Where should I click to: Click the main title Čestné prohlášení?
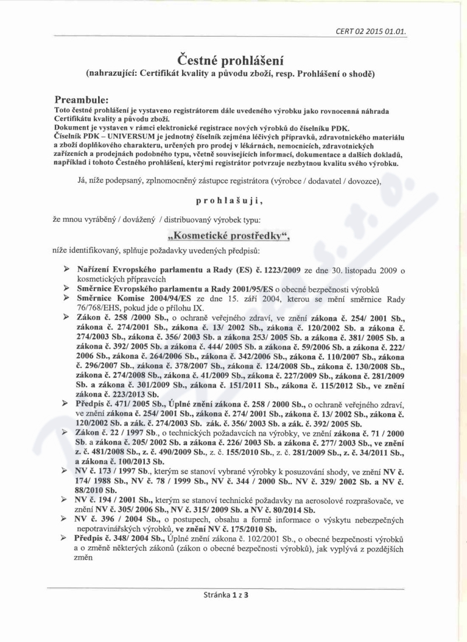click(233, 61)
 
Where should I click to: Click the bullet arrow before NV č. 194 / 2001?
click(68, 501)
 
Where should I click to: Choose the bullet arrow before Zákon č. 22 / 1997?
click(68, 431)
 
